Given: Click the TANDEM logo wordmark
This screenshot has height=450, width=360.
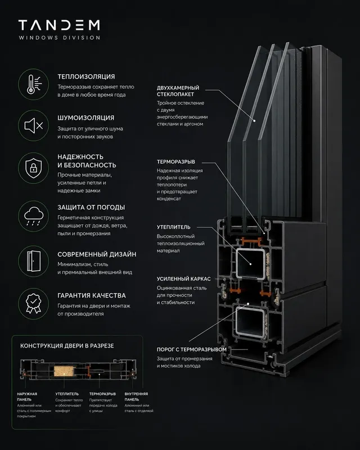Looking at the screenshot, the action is (59, 25).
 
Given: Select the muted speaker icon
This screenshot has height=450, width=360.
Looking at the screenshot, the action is (34, 125).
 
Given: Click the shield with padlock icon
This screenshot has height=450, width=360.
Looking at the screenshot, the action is (34, 168).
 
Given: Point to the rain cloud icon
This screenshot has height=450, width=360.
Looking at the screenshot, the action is (34, 216).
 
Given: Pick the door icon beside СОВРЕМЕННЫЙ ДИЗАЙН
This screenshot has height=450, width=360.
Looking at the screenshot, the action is (34, 261).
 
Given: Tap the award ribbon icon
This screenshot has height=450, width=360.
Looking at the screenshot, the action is (34, 303).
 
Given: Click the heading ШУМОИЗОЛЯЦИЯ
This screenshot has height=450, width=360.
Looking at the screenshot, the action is (86, 118).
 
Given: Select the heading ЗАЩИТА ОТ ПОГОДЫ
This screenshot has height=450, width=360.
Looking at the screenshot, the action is (91, 207).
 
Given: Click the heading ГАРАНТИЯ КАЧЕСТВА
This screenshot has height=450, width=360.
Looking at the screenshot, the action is (92, 295).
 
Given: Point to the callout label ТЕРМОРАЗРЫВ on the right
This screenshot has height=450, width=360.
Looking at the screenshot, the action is (175, 162).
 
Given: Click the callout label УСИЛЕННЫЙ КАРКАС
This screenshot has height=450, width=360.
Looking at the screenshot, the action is (184, 278).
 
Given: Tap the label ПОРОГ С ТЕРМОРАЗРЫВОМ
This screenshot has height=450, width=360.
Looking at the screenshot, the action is (192, 349).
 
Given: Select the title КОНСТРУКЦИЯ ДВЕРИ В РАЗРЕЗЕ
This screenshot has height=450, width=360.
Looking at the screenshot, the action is (67, 346).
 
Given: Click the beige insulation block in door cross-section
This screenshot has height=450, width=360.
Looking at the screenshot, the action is (64, 371).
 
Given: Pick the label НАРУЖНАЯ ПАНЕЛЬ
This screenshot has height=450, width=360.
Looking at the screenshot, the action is (27, 397).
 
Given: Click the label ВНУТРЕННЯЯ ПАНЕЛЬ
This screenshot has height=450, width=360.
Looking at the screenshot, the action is (136, 397).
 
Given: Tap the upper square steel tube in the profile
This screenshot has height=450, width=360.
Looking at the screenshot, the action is (250, 264).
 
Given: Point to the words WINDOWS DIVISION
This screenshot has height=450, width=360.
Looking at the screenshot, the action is (60, 38).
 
